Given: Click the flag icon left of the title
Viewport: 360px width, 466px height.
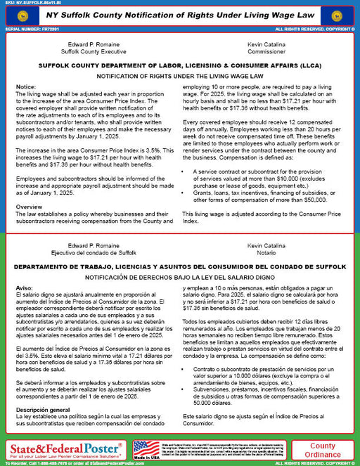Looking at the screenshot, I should (x=18, y=14).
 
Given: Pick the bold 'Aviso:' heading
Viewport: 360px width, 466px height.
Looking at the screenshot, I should (x=25, y=288).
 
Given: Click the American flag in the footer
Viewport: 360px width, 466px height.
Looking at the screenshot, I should (x=147, y=448).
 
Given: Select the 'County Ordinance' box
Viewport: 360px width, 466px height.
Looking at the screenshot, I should (x=323, y=450).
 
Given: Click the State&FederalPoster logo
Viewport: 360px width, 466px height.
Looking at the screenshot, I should (x=65, y=447).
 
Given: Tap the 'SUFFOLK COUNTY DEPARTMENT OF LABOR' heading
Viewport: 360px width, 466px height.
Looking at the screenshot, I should (x=179, y=65).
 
